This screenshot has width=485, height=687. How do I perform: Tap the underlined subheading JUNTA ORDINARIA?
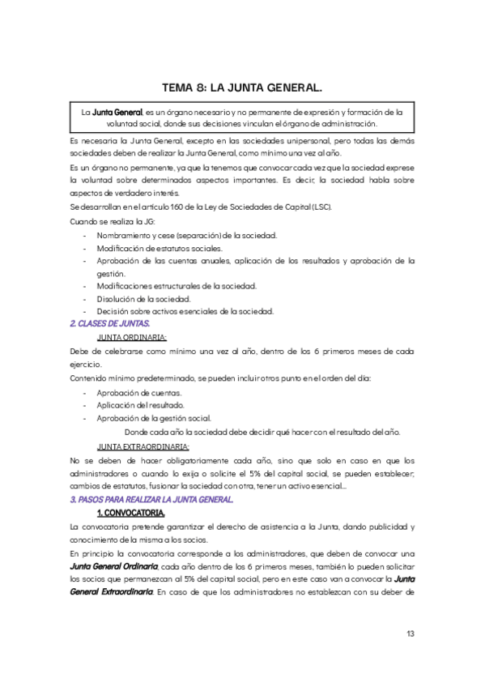132,337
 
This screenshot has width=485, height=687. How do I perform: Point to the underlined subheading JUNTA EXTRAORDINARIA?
143,446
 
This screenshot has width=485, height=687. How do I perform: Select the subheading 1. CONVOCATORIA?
130,514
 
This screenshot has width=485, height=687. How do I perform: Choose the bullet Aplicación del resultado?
141,405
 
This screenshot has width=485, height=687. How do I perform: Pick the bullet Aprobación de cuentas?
134,392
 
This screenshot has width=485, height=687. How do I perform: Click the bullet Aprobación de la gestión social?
154,418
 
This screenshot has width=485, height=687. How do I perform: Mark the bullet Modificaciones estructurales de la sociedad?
177,286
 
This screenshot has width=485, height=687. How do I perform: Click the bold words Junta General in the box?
117,111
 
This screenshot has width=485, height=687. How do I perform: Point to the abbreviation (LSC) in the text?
320,207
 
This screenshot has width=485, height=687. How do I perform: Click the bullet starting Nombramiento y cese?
186,235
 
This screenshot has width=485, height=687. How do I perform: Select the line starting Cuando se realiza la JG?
110,220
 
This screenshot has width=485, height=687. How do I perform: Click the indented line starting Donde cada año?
262,432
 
